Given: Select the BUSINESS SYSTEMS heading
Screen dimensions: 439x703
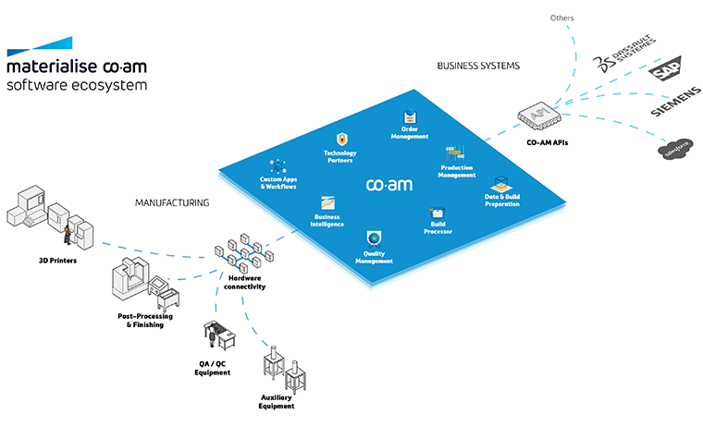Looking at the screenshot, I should (x=478, y=66).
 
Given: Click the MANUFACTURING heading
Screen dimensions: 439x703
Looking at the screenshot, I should (x=172, y=201).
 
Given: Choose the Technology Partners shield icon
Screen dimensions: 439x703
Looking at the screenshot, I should (x=340, y=139).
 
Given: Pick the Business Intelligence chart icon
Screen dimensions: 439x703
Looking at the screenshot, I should (x=327, y=202).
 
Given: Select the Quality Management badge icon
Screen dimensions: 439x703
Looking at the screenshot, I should (x=374, y=238).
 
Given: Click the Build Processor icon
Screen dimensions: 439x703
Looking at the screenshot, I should (x=437, y=213).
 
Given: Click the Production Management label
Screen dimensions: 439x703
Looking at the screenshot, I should (x=457, y=170).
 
